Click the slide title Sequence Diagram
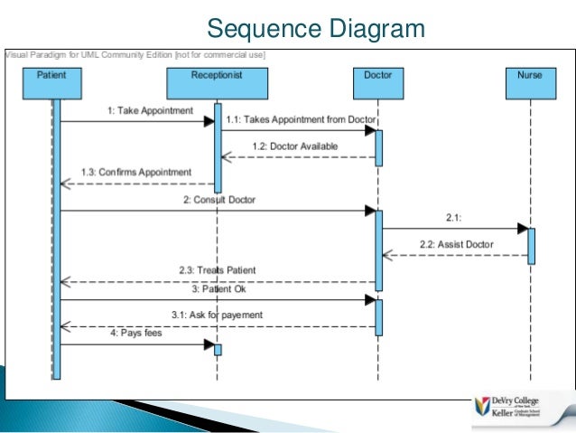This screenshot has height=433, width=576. click(x=315, y=30)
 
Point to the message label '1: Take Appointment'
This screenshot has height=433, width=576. click(x=150, y=110)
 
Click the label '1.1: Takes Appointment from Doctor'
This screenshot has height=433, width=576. click(x=301, y=119)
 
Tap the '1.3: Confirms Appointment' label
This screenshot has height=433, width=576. click(x=135, y=171)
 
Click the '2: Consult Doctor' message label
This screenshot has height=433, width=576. click(x=219, y=199)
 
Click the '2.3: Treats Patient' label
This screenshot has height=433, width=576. click(x=217, y=270)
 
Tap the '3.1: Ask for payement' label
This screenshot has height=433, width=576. click(x=217, y=315)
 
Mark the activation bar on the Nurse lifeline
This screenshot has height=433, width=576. click(x=531, y=245)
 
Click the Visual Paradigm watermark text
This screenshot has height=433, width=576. click(x=135, y=54)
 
